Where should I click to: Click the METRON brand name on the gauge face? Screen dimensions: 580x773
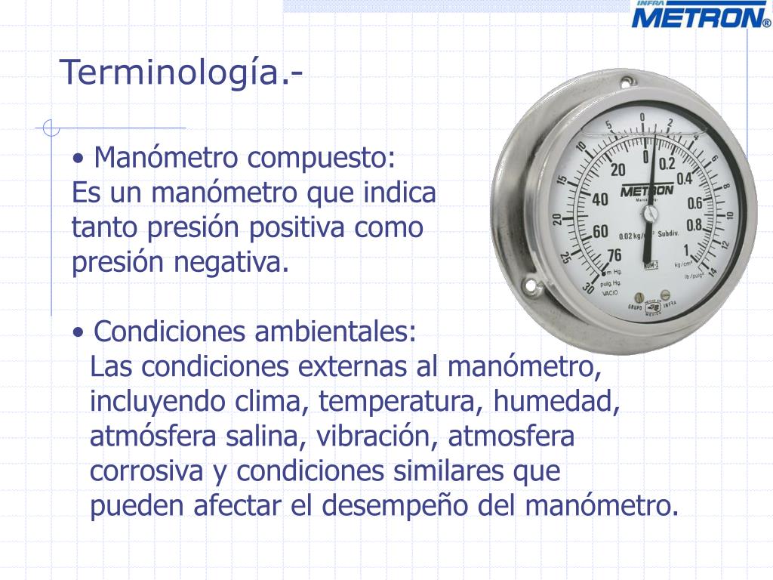tap(647, 191)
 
